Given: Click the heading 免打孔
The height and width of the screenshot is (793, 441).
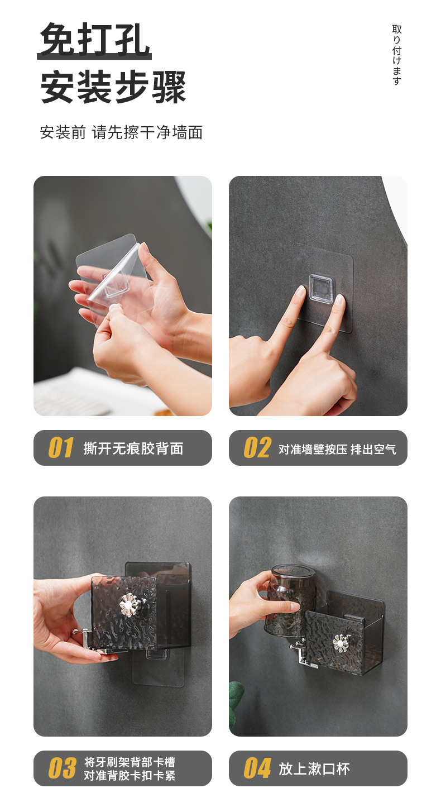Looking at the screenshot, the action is pyautogui.click(x=94, y=40).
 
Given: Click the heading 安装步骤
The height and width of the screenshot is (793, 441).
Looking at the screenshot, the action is pyautogui.click(x=113, y=87).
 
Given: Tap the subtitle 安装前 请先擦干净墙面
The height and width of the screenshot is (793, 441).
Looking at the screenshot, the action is pyautogui.click(x=121, y=133).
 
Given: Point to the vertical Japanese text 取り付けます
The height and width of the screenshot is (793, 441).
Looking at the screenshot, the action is pyautogui.click(x=397, y=55).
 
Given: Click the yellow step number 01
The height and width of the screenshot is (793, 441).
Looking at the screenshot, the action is pyautogui.click(x=61, y=447).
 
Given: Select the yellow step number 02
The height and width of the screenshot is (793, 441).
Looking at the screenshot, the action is pyautogui.click(x=257, y=447).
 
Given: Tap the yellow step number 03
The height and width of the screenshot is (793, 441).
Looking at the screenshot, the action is pyautogui.click(x=62, y=768).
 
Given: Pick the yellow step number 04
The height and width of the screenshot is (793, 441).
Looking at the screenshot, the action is pyautogui.click(x=257, y=768).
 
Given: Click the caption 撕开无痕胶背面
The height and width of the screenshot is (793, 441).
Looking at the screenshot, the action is pyautogui.click(x=133, y=448).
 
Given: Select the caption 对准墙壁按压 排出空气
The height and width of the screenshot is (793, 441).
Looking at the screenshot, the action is pyautogui.click(x=337, y=449).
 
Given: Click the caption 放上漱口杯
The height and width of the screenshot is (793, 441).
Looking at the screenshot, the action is pyautogui.click(x=314, y=768).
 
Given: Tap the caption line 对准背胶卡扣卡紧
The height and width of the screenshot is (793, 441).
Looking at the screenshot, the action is pyautogui.click(x=130, y=775).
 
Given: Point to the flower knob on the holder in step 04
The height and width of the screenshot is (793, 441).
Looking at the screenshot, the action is pyautogui.click(x=341, y=643).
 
